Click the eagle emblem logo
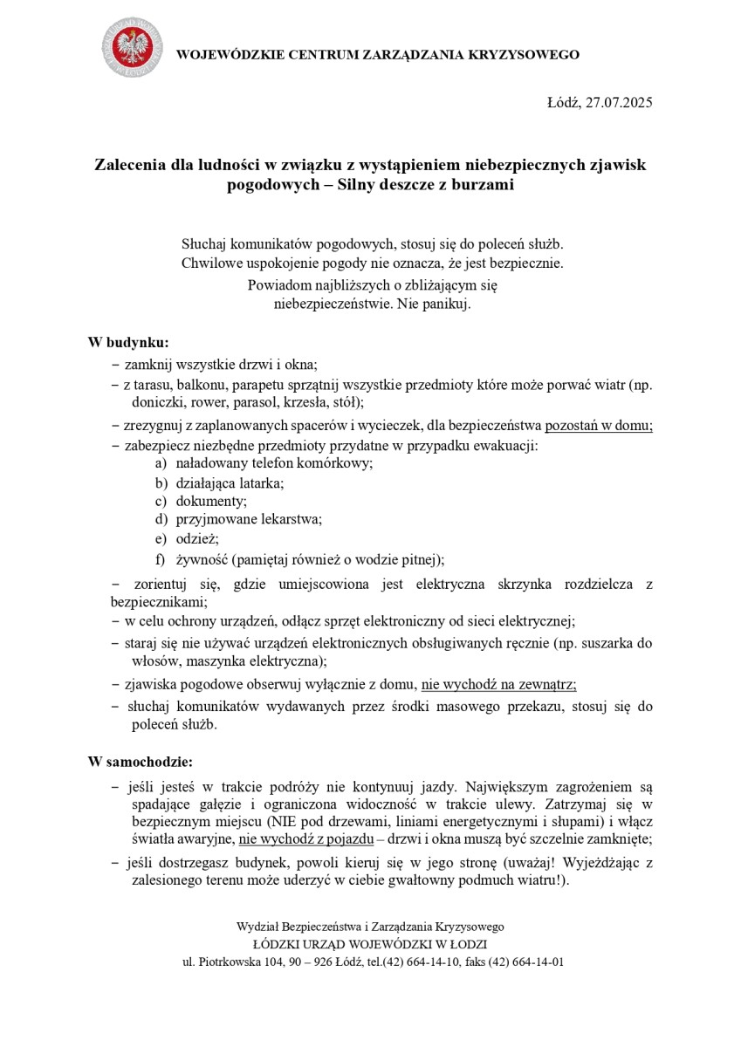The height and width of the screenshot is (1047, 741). [131, 47]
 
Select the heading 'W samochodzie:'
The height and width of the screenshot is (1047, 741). [141, 763]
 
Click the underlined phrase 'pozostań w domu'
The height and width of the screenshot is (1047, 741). [599, 426]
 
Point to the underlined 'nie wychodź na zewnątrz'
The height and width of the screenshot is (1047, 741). [498, 685]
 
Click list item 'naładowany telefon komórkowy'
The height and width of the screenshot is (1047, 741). [274, 463]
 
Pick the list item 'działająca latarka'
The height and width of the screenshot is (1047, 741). [230, 482]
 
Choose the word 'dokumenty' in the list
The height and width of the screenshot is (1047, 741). [211, 502]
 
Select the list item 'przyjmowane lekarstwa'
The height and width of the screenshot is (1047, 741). [249, 520]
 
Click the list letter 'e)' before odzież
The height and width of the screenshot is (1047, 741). [161, 539]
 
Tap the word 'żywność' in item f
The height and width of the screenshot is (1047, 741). [200, 559]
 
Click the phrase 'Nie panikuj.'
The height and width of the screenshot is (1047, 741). [434, 305]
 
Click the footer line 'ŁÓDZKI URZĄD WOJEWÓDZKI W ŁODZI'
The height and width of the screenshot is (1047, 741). [370, 944]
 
